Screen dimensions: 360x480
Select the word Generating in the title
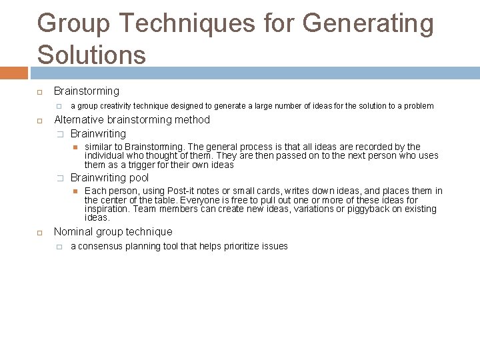(x=368, y=24)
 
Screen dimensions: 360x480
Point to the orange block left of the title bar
(x=13, y=73)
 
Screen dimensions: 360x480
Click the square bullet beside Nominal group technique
(x=40, y=233)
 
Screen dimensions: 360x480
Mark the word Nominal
(x=73, y=232)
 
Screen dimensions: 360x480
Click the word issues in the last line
(x=275, y=247)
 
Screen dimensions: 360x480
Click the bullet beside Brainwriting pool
(x=59, y=178)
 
